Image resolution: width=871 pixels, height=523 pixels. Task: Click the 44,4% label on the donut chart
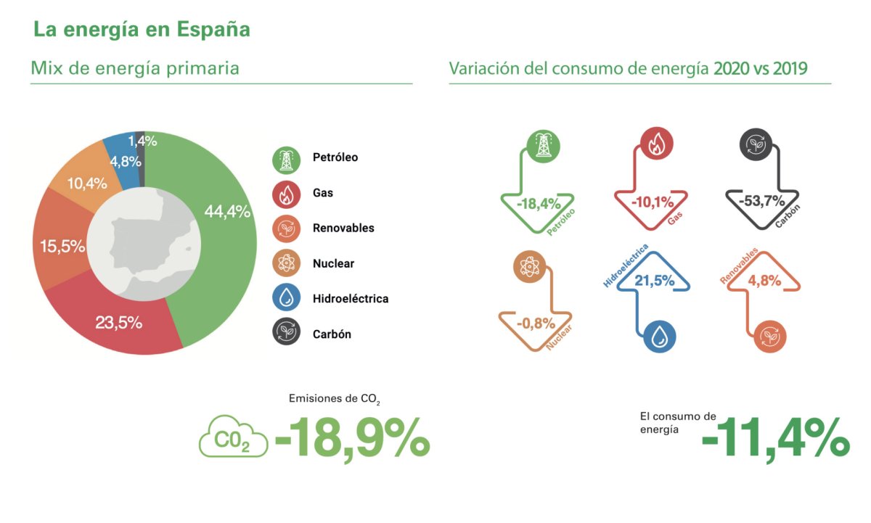[227, 212]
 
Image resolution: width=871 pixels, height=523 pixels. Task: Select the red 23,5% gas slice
[119, 322]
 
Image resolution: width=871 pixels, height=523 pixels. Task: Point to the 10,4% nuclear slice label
[86, 184]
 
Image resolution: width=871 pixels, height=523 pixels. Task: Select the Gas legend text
[323, 193]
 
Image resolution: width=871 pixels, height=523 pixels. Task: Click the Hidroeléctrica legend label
[350, 298]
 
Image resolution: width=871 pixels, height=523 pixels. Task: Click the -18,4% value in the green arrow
[537, 204]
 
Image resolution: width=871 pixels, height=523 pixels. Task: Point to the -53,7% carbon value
[761, 201]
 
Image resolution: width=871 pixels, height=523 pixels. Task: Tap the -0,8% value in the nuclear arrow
[535, 323]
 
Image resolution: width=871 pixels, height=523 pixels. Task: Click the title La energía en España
[142, 30]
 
